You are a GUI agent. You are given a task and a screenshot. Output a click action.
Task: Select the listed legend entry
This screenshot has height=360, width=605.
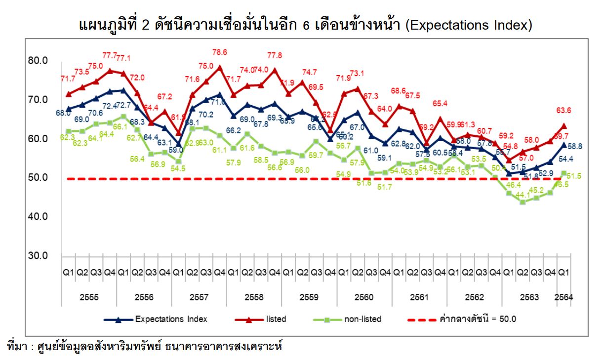pos(276,319)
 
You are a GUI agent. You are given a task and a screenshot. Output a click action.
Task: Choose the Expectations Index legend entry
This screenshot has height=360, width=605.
pos(171,319)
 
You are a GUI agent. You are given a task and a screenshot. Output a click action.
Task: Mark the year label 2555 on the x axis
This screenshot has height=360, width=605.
pos(89,298)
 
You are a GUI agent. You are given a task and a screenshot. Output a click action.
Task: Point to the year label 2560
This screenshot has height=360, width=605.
pos(364,298)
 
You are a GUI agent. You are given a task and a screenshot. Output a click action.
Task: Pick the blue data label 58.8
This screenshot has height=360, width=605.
pos(576,146)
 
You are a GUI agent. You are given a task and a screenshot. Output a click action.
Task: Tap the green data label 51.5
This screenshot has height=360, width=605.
pos(575,176)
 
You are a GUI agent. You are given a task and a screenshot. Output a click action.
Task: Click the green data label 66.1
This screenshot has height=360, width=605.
pos(121,127)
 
